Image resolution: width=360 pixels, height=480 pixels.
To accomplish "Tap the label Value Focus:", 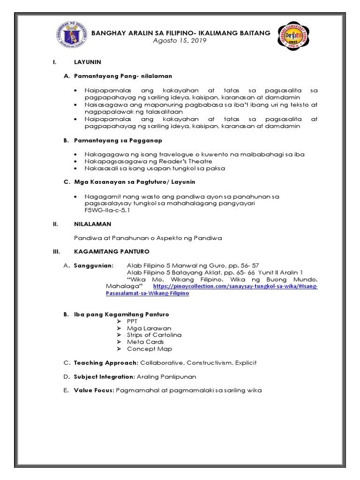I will pos(94,390).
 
